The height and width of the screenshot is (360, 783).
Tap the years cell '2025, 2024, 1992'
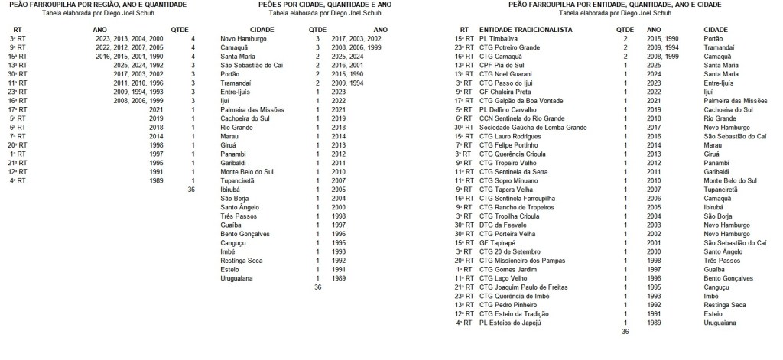click(135, 64)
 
